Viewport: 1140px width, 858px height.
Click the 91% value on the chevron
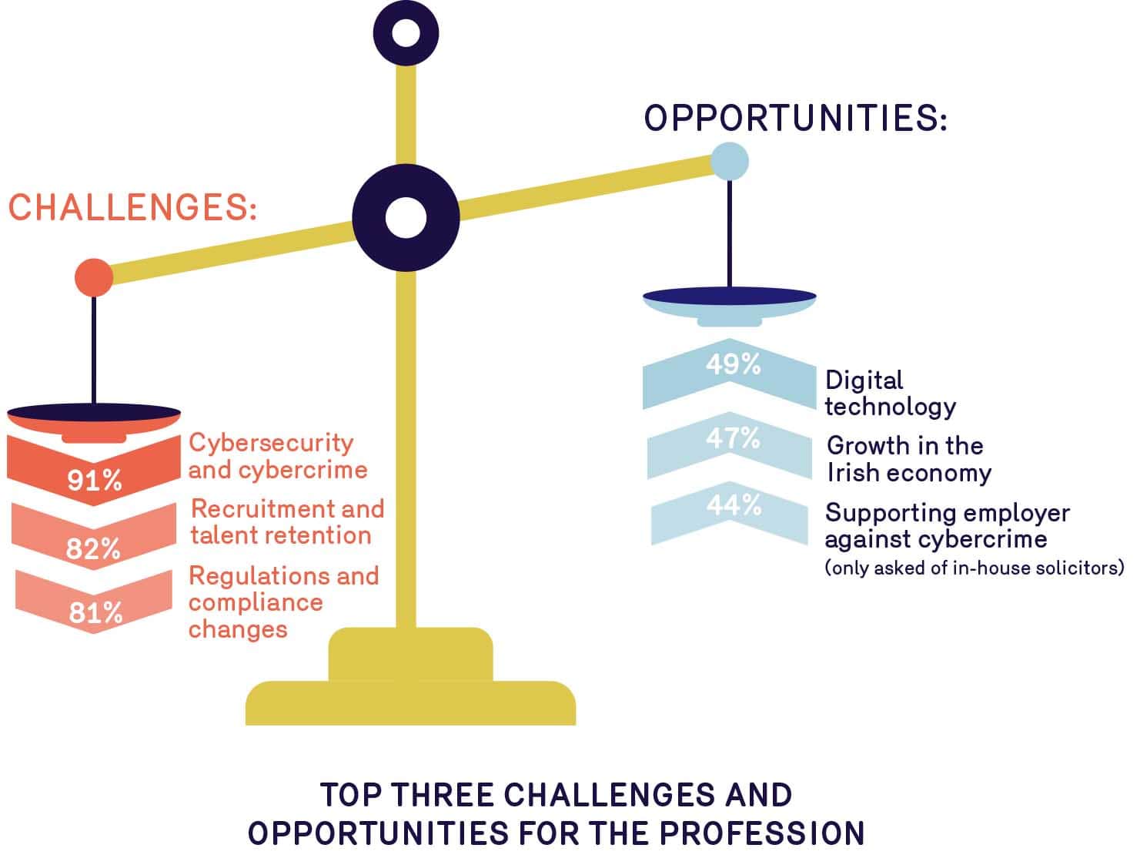pyautogui.click(x=95, y=480)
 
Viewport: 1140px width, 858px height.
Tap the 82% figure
pyautogui.click(x=93, y=548)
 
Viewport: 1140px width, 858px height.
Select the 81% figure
pyautogui.click(x=95, y=612)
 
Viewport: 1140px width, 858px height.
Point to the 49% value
pyautogui.click(x=734, y=364)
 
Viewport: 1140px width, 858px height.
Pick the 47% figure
pyautogui.click(x=733, y=438)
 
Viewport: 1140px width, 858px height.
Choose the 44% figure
pyautogui.click(x=734, y=505)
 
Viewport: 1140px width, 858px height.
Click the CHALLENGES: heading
pyautogui.click(x=133, y=207)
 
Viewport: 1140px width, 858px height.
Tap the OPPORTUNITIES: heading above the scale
pyautogui.click(x=795, y=117)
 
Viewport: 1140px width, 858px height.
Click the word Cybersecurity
pyautogui.click(x=271, y=444)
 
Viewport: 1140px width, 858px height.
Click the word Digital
pyautogui.click(x=864, y=381)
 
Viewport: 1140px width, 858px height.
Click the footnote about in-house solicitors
pyautogui.click(x=975, y=568)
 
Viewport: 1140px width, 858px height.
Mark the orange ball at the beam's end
pyautogui.click(x=94, y=277)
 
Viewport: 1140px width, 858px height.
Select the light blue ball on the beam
pyautogui.click(x=729, y=161)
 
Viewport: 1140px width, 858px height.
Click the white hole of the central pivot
pyautogui.click(x=406, y=218)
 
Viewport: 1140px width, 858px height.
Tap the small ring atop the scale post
pyautogui.click(x=406, y=33)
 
